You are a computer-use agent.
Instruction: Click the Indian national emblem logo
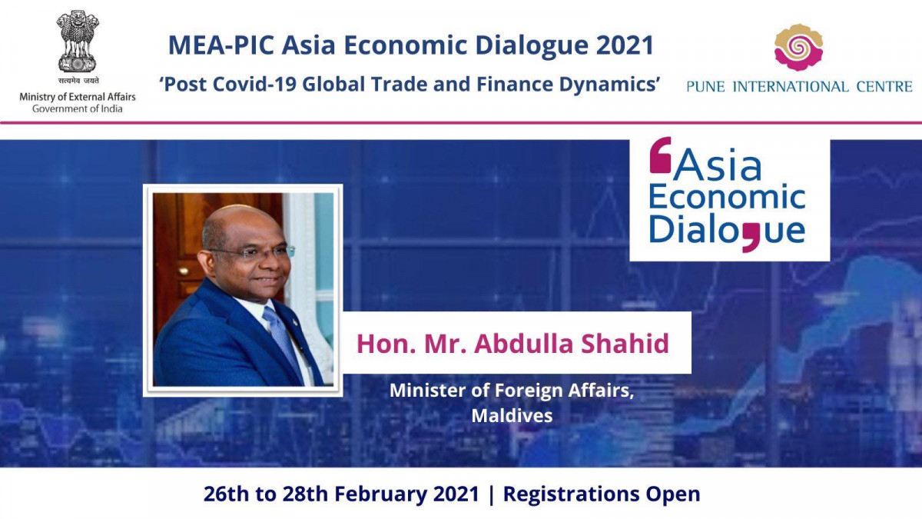(x=78, y=42)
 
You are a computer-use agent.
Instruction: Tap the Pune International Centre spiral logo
(x=798, y=48)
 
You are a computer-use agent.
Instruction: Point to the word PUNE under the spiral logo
(x=705, y=87)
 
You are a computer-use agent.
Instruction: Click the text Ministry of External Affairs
(x=78, y=97)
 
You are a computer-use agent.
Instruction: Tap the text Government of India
(x=78, y=108)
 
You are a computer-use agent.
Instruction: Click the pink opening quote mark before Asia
(x=660, y=155)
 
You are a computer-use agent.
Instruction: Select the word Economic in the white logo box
(x=727, y=198)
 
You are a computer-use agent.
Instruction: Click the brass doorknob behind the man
(x=183, y=271)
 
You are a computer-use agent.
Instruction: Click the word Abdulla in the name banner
(x=523, y=344)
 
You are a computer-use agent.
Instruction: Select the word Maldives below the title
(x=512, y=415)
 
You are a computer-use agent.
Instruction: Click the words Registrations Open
(x=602, y=494)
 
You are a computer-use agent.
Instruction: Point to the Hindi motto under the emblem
(x=78, y=82)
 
